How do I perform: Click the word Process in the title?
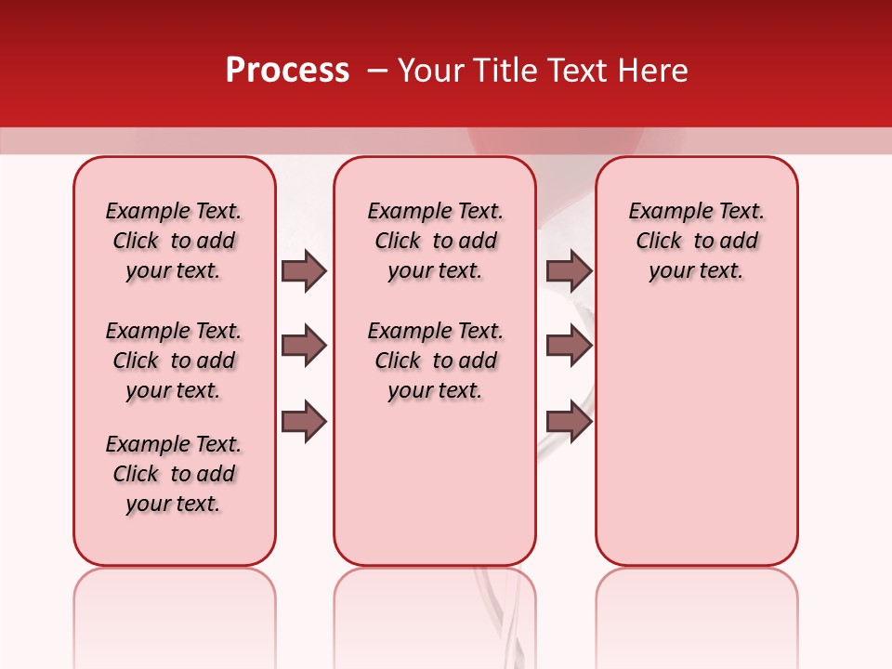[x=287, y=71]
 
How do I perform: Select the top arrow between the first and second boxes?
[x=304, y=270]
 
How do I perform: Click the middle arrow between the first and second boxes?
[x=304, y=346]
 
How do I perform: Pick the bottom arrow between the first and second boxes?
[x=304, y=422]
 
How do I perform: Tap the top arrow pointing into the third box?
[x=569, y=270]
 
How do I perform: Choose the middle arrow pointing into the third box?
[x=569, y=346]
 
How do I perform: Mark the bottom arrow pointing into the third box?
[x=569, y=422]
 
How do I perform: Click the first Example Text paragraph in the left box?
[x=174, y=241]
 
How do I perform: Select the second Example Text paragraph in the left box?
[x=174, y=361]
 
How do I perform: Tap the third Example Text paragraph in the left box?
[x=174, y=474]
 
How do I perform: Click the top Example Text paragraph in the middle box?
[x=435, y=241]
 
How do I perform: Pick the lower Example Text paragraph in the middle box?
[x=435, y=361]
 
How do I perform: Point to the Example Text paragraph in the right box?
[x=696, y=241]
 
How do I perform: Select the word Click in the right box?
[x=659, y=241]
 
